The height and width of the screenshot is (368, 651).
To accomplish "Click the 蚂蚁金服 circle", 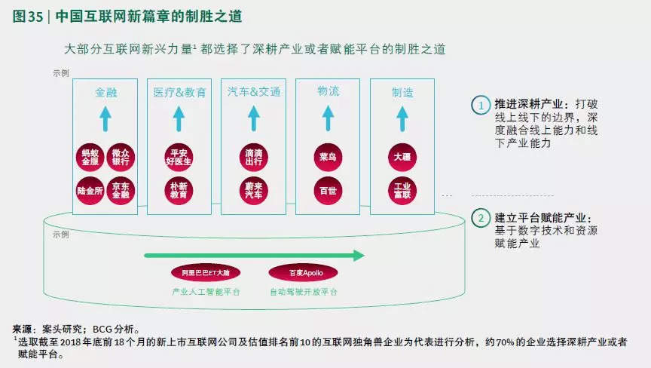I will [90, 157].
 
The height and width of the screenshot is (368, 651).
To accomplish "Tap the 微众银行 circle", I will [121, 157].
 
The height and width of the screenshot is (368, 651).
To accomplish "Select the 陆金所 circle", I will [90, 190].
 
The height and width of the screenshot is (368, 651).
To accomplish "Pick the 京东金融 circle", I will [121, 190].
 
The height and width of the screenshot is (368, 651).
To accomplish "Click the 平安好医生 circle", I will [179, 157].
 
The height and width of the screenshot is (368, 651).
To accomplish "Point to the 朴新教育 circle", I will [179, 190].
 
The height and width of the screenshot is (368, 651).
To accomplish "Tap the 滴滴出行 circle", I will [254, 157].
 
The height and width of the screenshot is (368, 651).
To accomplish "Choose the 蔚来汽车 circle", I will [254, 190].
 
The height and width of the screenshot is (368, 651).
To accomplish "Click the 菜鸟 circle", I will [328, 157].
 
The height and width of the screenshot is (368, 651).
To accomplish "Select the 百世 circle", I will [328, 190].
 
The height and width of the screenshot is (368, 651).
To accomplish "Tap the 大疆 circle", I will [402, 157].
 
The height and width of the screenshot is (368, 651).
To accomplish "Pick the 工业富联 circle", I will [402, 190].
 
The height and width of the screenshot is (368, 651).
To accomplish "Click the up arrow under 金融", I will [105, 118].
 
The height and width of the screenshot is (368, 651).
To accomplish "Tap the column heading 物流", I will [329, 91].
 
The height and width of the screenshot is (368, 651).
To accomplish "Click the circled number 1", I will [480, 106].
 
